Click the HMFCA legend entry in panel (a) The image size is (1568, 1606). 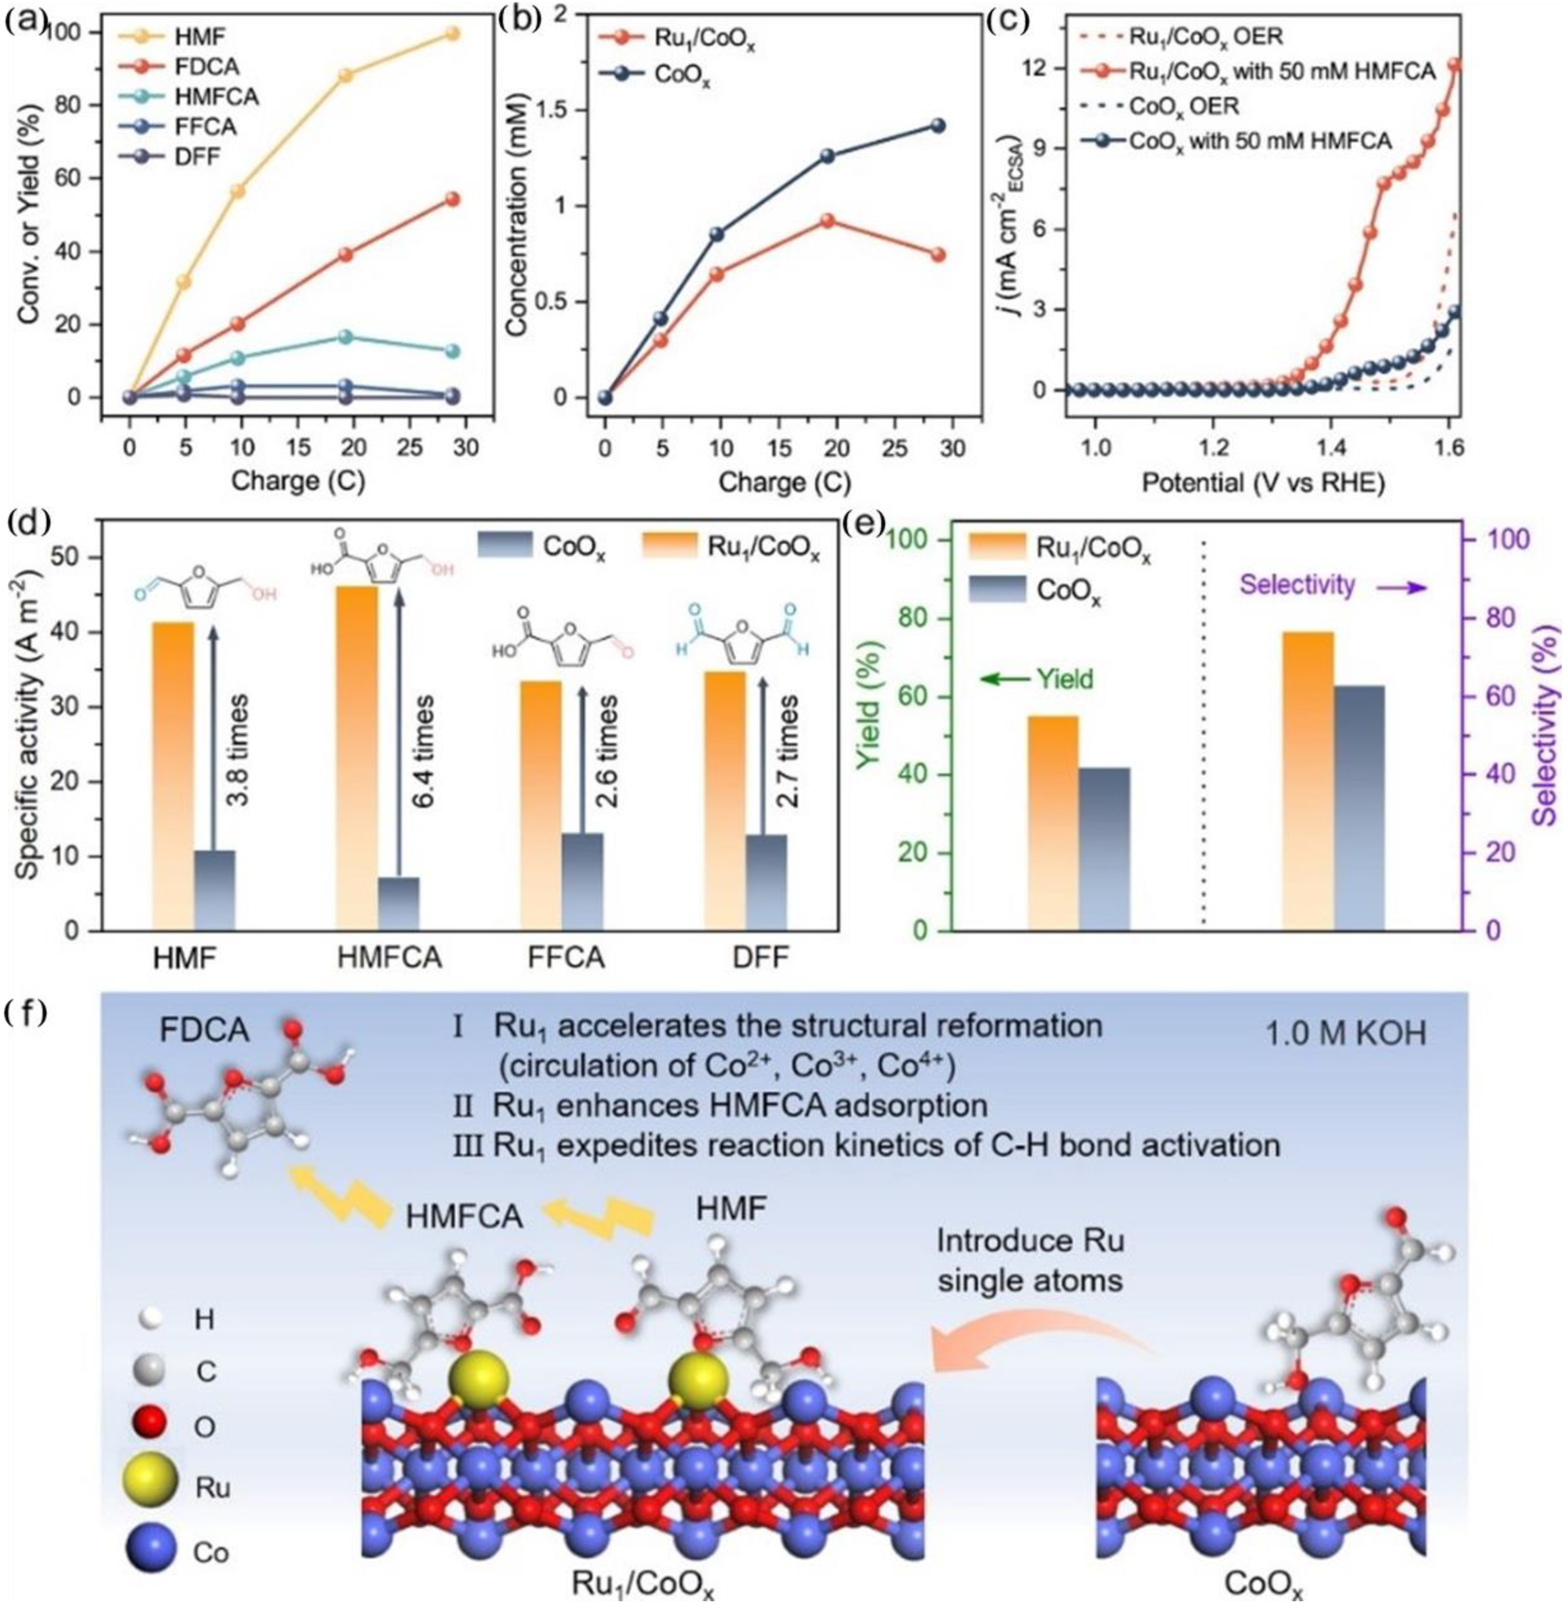tap(216, 96)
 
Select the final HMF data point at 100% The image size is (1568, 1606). tap(451, 34)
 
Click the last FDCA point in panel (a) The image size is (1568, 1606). tap(451, 199)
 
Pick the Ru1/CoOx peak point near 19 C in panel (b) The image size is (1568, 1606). tap(828, 221)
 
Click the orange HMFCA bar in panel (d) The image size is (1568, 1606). tap(356, 758)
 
